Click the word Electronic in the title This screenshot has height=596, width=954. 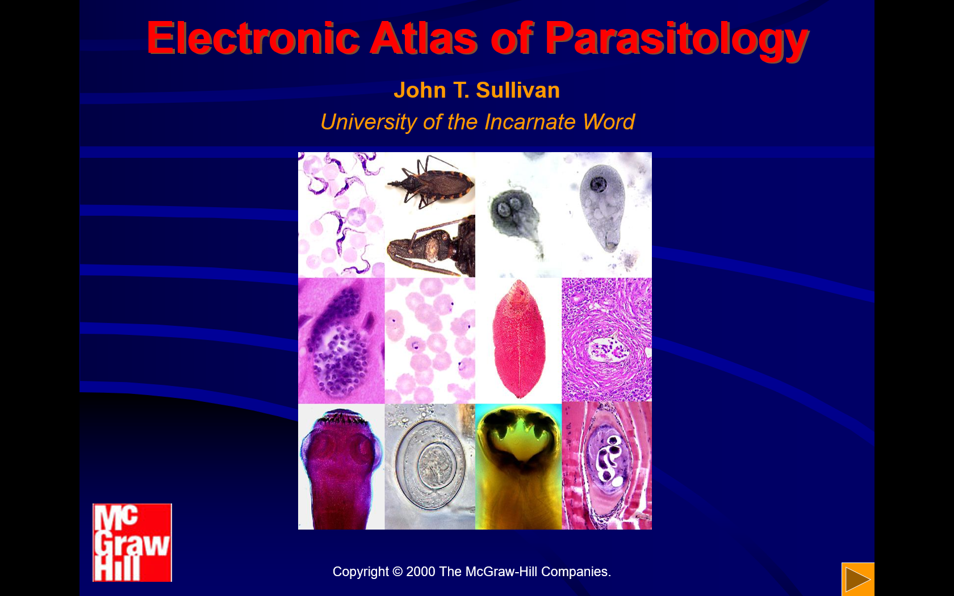pos(253,39)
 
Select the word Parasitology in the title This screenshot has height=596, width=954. pos(677,41)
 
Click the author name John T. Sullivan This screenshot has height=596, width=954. pos(476,90)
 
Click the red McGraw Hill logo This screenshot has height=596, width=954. pos(132,543)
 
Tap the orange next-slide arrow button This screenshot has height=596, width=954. pos(857,579)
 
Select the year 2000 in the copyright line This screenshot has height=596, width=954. pos(420,572)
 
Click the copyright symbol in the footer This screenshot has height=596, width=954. pos(397,572)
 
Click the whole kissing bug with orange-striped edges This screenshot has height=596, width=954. pos(430,182)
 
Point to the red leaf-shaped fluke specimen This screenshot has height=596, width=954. pos(519,338)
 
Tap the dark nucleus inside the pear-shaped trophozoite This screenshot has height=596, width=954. pos(599,184)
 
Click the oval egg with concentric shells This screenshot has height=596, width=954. pos(430,465)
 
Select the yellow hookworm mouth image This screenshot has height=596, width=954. pos(518,467)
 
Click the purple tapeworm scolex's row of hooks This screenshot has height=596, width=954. pos(340,418)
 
